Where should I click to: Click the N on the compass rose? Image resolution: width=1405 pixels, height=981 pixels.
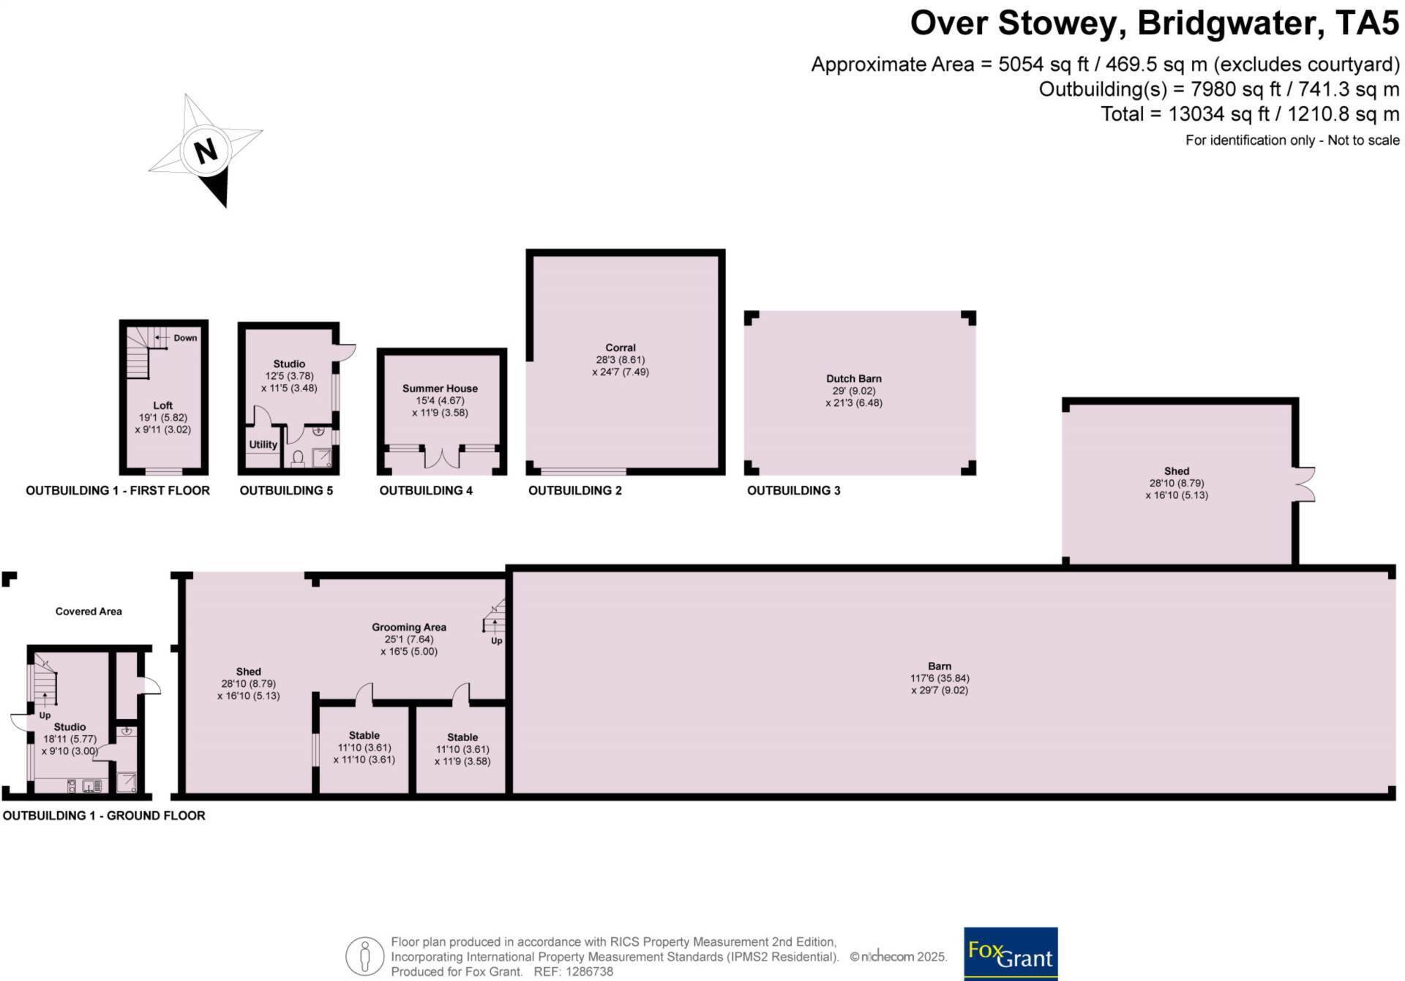coord(206,151)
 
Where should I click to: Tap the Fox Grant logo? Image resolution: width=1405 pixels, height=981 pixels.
coord(1011,953)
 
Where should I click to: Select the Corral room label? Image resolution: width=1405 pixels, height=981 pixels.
coord(621,348)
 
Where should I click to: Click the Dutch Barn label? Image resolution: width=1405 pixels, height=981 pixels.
coord(854,379)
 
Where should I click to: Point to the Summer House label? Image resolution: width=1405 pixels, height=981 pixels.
coord(440,388)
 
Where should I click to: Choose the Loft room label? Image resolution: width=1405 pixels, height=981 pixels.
coord(162,405)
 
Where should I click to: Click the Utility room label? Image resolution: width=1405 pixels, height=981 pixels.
coord(263,445)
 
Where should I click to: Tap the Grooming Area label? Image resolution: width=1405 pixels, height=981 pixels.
coord(409,627)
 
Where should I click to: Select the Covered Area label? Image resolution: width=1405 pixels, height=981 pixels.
coord(89,612)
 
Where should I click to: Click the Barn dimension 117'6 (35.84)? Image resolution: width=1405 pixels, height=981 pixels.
coord(940,678)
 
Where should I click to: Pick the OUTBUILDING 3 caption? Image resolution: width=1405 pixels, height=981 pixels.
coord(794,490)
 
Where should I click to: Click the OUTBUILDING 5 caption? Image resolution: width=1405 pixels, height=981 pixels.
coord(286,490)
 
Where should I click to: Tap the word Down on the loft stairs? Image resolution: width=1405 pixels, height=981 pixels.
coord(185,338)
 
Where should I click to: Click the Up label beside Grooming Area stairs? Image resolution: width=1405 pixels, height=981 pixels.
coord(497,641)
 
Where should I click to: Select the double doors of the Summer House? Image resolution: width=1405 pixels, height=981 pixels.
coord(442,456)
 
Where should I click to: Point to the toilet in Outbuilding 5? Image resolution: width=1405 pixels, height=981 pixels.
coord(298,459)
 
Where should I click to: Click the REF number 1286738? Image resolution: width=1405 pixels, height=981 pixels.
coord(583,971)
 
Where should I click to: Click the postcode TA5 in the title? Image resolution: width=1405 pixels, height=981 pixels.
coord(1367,23)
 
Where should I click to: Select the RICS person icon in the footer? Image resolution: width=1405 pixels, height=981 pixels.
coord(364,956)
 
